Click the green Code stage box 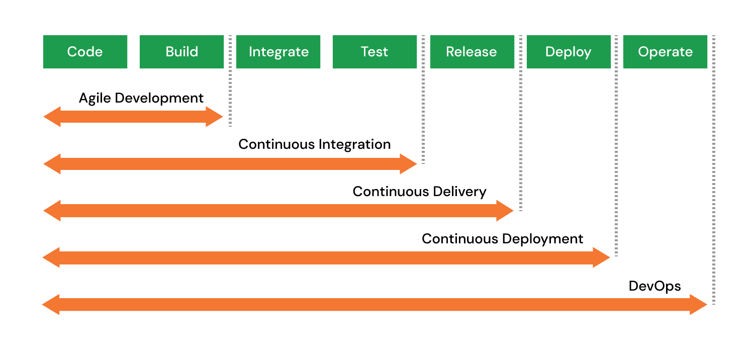pos(85,52)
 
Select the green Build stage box pos(181,52)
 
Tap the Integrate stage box pos(278,52)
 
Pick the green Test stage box pos(374,52)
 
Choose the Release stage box pos(472,52)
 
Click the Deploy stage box pos(569,52)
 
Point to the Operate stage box pos(665,52)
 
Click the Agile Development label pos(141,98)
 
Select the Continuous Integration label pos(315,144)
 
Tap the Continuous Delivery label pos(420,192)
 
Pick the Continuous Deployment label pos(503,239)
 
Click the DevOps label pos(655,286)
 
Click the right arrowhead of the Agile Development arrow pos(214,117)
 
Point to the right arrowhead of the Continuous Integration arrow pos(408,164)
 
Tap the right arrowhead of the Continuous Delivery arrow pos(505,211)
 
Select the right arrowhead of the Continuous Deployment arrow pos(601,257)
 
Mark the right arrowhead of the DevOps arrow pos(698,305)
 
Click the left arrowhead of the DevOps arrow pos(51,305)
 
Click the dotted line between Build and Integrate pos(230,81)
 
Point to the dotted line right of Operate pos(714,170)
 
